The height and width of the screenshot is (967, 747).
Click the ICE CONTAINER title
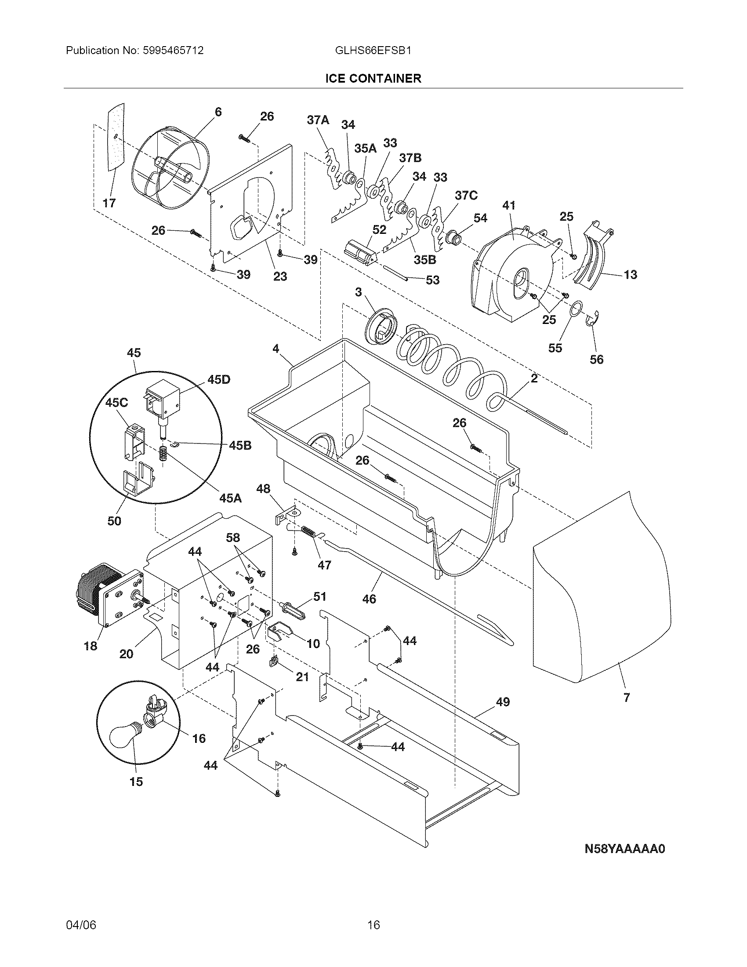tap(373, 78)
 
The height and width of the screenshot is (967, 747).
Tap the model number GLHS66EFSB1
tap(373, 51)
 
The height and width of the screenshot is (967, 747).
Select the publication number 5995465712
tap(173, 51)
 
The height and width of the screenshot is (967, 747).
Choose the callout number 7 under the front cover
tap(626, 698)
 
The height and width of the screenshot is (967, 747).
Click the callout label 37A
tap(318, 120)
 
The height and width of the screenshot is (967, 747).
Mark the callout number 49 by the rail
tap(502, 702)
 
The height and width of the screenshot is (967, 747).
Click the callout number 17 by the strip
tap(109, 203)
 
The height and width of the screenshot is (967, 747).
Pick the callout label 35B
tap(424, 259)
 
